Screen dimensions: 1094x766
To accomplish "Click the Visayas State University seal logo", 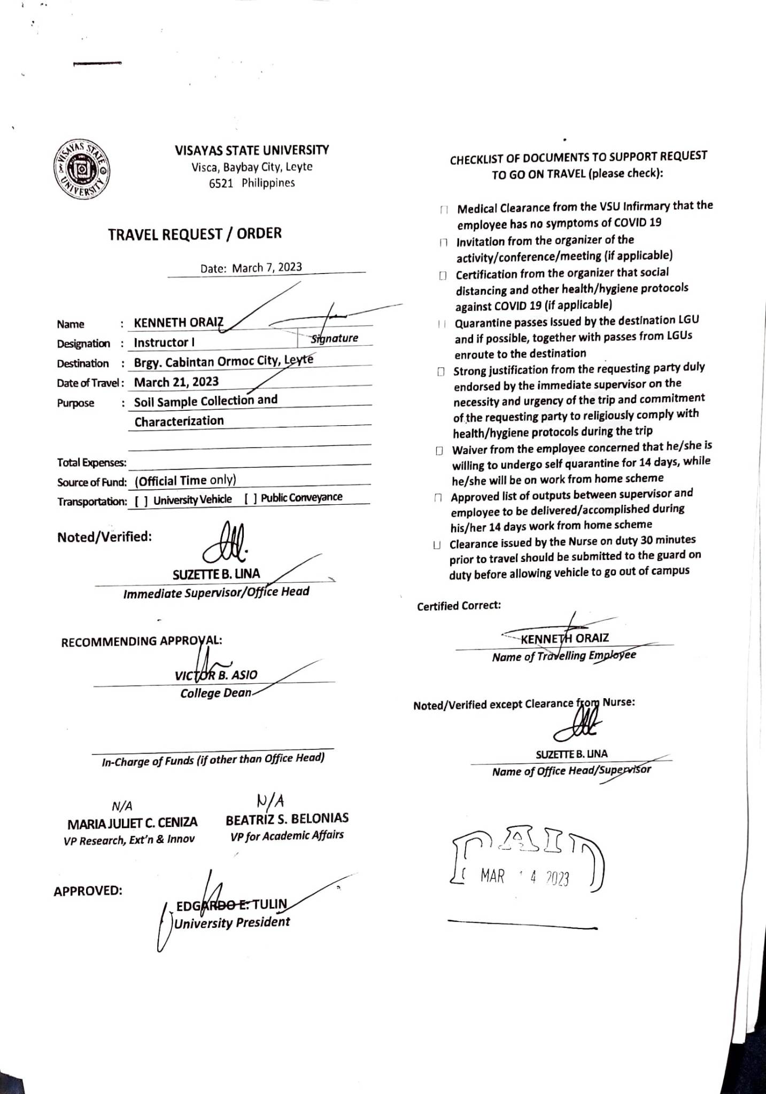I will (82, 171).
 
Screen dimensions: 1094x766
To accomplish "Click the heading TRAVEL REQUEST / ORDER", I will (195, 234).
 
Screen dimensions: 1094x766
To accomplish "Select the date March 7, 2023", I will (267, 267).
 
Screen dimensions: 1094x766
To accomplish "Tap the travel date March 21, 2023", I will (176, 382).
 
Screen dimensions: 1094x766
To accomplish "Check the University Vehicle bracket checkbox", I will (142, 501).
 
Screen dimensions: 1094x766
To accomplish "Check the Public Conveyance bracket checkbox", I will (251, 498).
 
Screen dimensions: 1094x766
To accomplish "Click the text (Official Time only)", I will (185, 481).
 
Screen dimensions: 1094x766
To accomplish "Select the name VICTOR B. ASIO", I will (216, 675).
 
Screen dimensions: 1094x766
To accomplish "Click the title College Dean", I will (215, 693).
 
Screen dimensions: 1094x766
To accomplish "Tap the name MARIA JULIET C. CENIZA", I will (132, 822).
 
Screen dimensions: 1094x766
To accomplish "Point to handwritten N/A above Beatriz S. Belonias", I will (270, 800).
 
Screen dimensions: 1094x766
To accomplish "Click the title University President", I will (232, 923).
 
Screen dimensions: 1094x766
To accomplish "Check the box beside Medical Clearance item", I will (443, 210).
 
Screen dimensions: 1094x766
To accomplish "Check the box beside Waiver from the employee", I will (439, 451).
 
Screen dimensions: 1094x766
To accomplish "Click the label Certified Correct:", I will (459, 606).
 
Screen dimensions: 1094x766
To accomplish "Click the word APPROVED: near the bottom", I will (88, 891).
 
